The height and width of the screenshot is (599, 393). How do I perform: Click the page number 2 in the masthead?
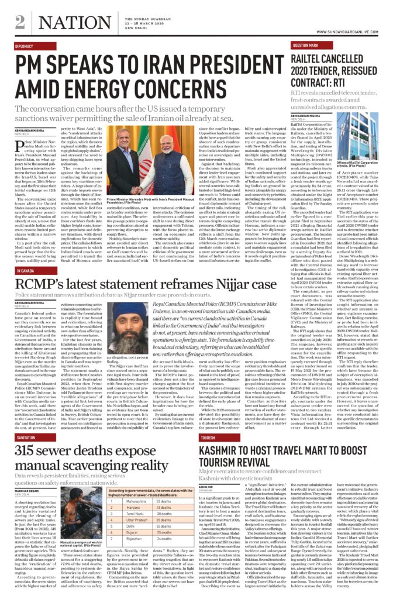pyautogui.click(x=20, y=21)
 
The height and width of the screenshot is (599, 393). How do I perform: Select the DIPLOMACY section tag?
pyautogui.click(x=25, y=46)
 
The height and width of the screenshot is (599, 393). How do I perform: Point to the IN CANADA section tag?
pyautogui.click(x=25, y=271)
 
